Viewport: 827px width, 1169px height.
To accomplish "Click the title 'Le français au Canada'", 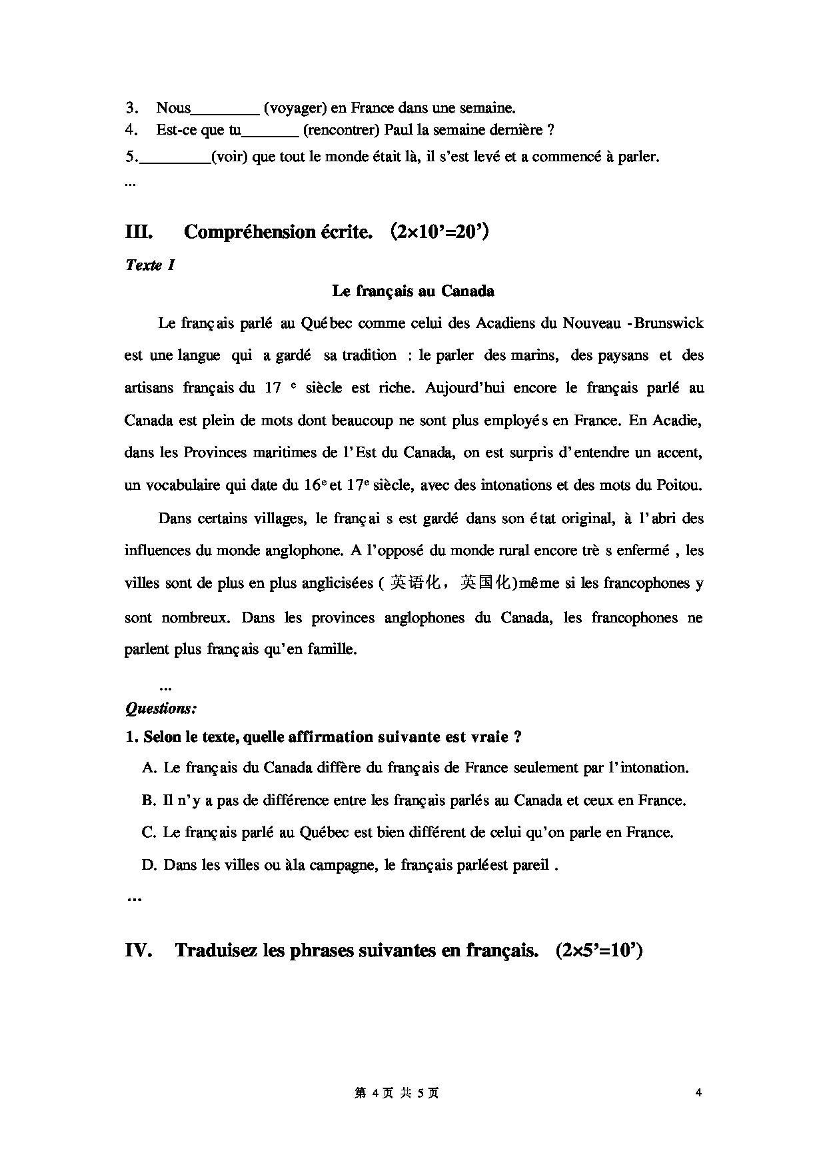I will coord(413,291).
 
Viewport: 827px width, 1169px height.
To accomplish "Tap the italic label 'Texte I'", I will coord(150,265).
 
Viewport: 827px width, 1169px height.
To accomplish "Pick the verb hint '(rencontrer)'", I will coord(342,130).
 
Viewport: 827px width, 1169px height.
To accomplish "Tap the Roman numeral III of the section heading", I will coord(139,232).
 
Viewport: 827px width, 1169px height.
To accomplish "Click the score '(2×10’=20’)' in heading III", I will coord(440,232).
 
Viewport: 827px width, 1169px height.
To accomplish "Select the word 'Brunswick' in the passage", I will coord(669,323).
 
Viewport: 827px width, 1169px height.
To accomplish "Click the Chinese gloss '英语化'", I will coord(415,583).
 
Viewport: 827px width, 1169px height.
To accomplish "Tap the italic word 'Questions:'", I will coord(161,708).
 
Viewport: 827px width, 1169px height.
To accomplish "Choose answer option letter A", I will coord(149,768).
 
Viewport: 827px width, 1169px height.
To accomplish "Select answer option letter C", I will coord(149,832).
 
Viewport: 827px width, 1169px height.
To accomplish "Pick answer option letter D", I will coord(149,865).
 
